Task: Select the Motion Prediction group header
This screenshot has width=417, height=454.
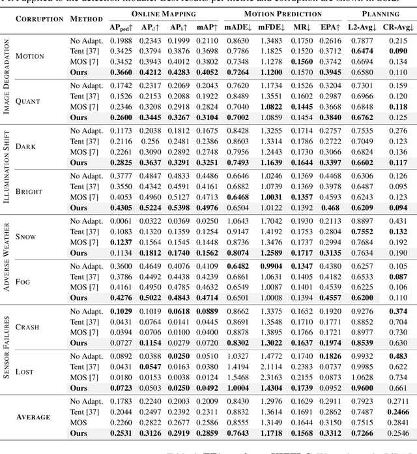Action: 281,13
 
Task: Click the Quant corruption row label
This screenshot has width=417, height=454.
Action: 28,102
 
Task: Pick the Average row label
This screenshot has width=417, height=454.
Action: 33,417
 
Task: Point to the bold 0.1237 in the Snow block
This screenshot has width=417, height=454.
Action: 117,241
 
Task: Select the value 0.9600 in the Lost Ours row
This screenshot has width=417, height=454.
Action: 362,387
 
